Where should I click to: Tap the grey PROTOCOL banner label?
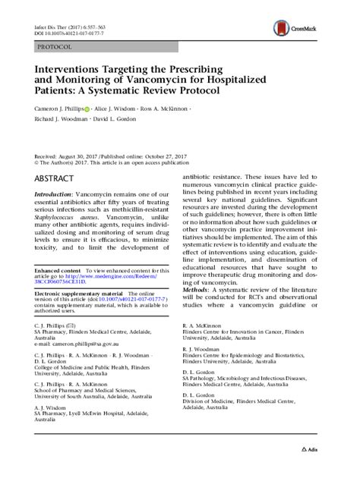click(54, 47)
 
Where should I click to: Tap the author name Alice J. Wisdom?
click(117, 109)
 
